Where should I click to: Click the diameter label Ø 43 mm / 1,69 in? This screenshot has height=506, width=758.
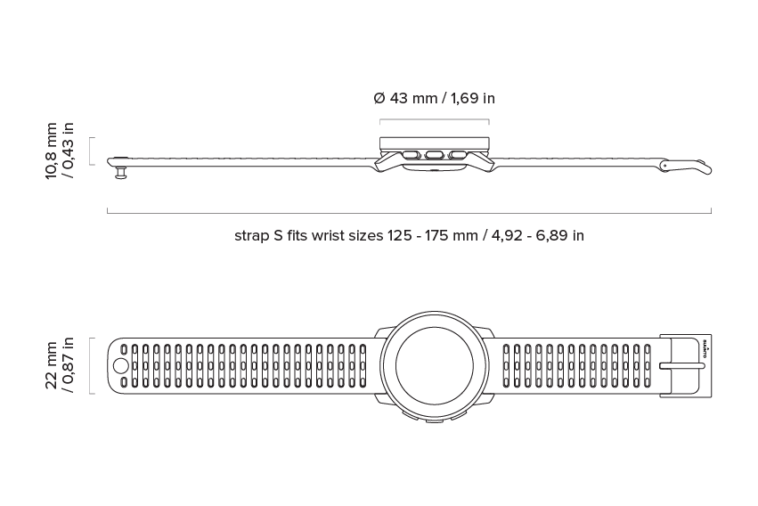(x=434, y=98)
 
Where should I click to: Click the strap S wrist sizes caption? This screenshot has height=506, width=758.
(x=409, y=236)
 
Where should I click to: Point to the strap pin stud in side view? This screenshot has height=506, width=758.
(x=120, y=172)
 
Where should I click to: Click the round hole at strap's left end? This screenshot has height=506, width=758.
(x=120, y=366)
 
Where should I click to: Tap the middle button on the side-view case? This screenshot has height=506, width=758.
(x=434, y=155)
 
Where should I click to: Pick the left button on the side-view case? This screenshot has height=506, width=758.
(x=411, y=155)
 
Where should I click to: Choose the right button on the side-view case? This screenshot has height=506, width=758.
(x=457, y=155)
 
